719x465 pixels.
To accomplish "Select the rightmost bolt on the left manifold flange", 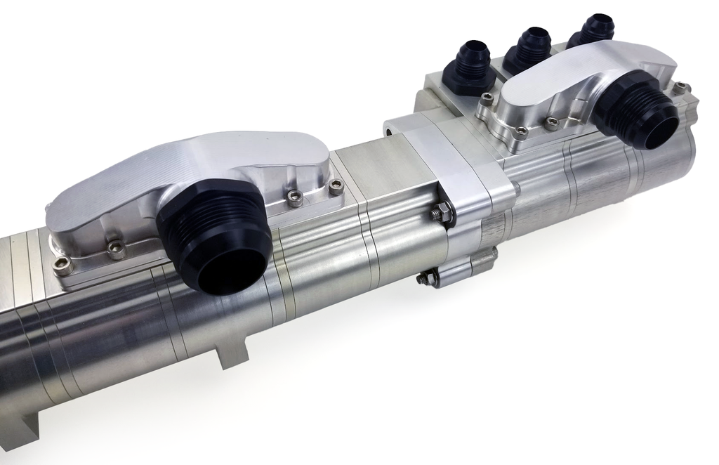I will coord(336,187).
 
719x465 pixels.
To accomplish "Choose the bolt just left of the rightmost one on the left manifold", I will coord(296,198).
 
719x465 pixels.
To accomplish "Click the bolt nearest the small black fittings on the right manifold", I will coord(486,100).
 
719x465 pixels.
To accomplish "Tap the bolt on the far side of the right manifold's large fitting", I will coord(680,89).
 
